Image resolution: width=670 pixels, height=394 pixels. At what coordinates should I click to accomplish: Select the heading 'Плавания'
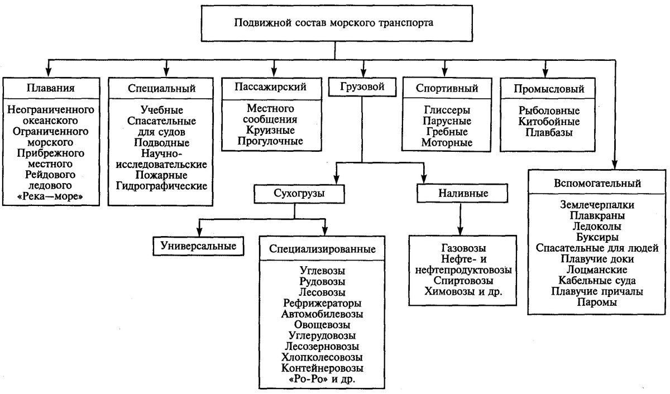[50, 88]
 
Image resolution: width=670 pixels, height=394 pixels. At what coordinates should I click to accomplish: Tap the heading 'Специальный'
[161, 88]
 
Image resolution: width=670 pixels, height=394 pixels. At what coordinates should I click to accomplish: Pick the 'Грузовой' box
[363, 87]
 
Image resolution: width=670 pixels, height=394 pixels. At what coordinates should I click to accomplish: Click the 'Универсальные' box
[199, 246]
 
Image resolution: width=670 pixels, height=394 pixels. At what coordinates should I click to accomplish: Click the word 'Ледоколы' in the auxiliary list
[597, 227]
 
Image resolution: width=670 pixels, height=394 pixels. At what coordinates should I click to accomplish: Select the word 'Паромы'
[597, 302]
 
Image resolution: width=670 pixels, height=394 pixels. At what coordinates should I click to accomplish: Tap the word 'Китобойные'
[549, 122]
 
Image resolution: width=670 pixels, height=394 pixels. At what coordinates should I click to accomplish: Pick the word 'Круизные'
[271, 130]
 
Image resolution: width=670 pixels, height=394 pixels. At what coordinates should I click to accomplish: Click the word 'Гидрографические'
[161, 185]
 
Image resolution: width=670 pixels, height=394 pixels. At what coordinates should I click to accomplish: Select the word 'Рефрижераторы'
[322, 303]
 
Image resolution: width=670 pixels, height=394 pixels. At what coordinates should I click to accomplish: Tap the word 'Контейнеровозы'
[322, 368]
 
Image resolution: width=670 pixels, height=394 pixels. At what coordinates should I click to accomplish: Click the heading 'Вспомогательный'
[597, 183]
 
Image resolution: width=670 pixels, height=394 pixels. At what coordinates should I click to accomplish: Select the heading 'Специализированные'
[322, 249]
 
